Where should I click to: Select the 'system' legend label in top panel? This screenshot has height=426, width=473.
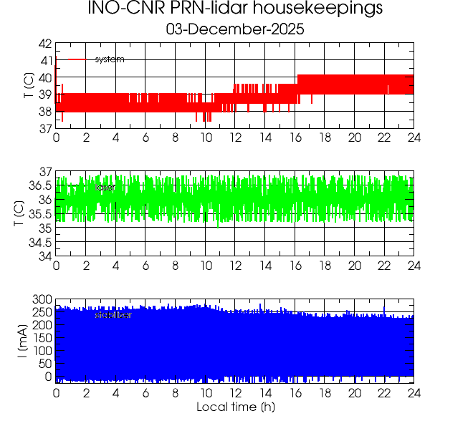point(110,59)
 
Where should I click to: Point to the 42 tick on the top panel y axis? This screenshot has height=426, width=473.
point(44,44)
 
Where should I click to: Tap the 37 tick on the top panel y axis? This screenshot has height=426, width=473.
point(44,128)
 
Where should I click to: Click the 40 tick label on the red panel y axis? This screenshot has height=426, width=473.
point(44,77)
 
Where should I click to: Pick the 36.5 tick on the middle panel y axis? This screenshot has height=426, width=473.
point(39,185)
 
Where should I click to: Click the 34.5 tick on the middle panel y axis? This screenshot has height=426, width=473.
point(39,242)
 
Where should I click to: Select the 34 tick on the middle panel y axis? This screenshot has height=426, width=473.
point(44,256)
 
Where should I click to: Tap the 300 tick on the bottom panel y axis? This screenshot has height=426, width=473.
point(42,299)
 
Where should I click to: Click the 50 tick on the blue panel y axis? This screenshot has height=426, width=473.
point(44,364)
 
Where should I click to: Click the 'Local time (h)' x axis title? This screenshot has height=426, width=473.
point(235,407)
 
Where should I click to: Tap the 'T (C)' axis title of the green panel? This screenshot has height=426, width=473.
point(21,214)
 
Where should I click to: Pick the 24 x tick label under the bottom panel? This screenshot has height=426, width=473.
point(414,393)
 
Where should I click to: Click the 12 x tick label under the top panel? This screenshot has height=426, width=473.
point(235,137)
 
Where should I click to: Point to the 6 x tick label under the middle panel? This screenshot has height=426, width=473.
point(145,266)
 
